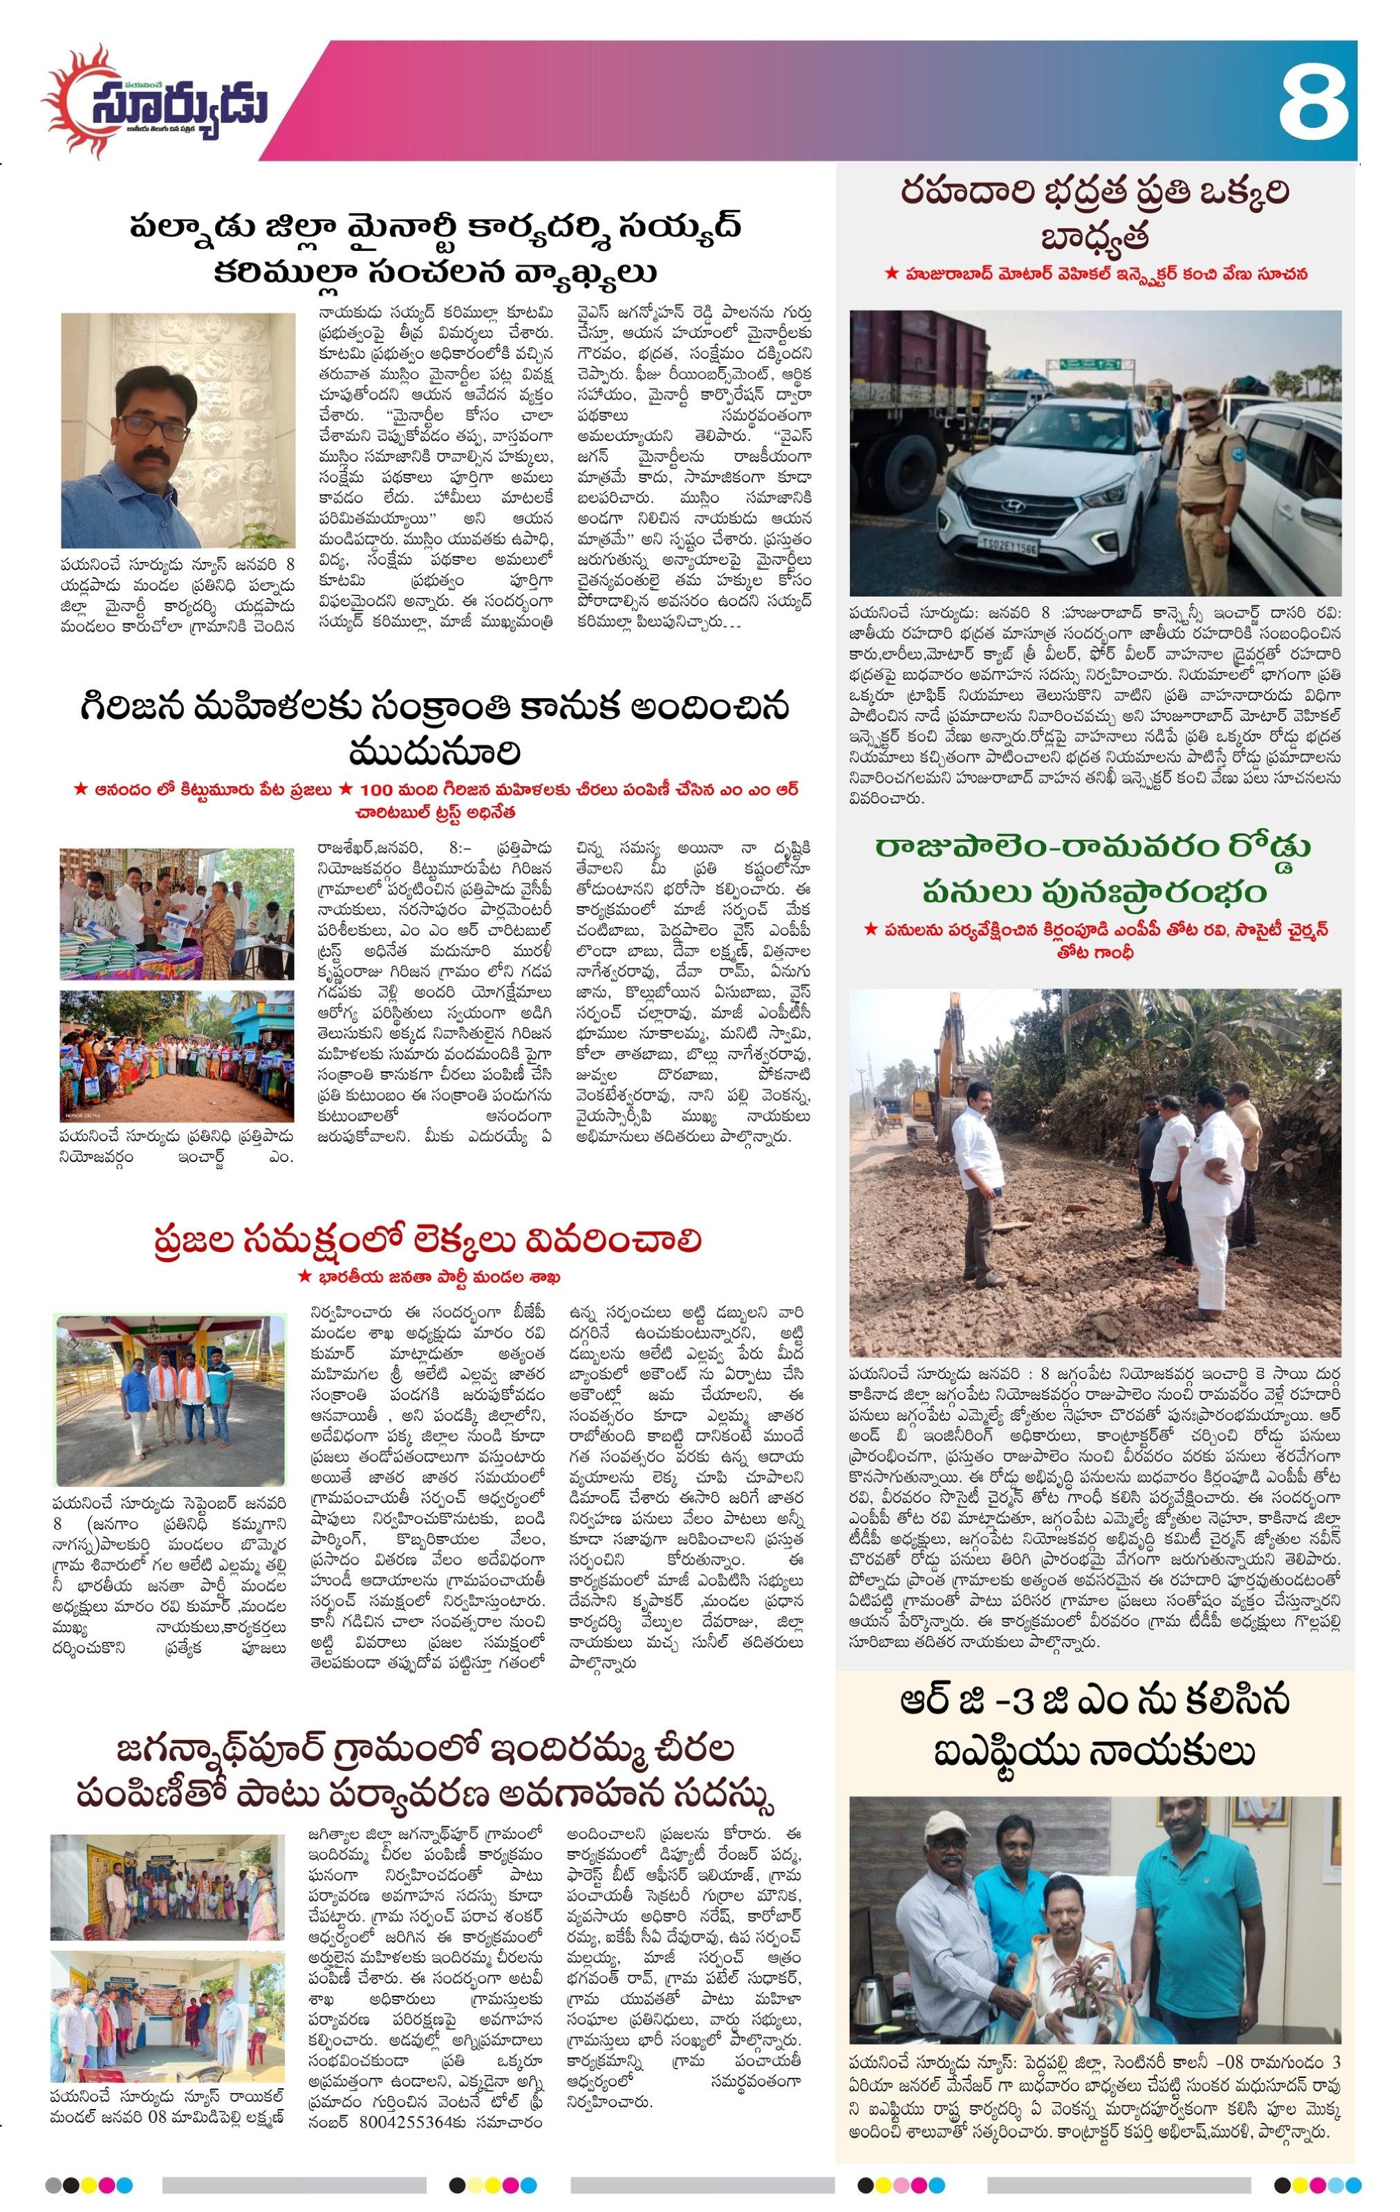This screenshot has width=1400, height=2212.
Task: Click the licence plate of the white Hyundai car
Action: click(1009, 547)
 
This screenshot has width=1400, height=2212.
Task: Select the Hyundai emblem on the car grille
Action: click(1014, 506)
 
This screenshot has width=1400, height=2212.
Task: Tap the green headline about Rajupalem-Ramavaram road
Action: click(1093, 868)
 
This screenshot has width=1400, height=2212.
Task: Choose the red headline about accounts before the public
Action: click(428, 1240)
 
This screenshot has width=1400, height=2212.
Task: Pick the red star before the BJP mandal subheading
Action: click(304, 1277)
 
